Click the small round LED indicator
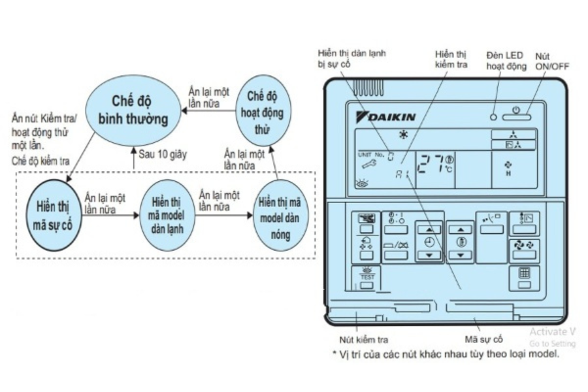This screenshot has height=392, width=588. tap(494, 117)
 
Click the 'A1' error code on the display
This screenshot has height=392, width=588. tap(401, 174)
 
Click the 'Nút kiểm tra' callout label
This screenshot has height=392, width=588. tap(365, 340)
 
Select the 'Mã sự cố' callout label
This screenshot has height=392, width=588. tap(483, 340)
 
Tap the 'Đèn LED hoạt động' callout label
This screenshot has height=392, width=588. tap(506, 61)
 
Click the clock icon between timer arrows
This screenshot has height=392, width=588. tap(429, 241)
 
